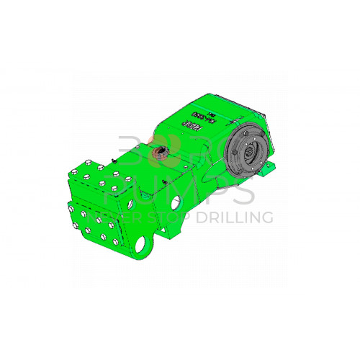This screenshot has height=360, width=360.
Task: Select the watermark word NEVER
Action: (x=122, y=217)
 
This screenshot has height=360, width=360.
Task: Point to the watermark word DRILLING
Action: (x=238, y=217)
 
